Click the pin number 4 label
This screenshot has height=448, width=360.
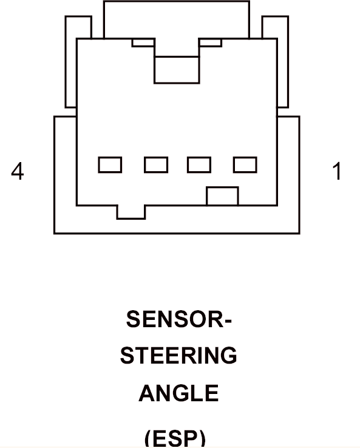coord(18,171)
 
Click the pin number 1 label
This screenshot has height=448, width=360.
coord(338,171)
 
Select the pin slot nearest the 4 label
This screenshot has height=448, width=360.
coord(110,165)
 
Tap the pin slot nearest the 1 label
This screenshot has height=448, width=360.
coord(245,165)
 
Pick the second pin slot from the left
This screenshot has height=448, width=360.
coord(156,165)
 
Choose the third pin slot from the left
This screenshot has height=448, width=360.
coord(199,165)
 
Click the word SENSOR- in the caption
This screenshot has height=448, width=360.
coord(179,319)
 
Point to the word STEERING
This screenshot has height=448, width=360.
coord(178,356)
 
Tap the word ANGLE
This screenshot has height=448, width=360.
coord(179,393)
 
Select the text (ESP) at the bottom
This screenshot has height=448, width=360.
coord(175,438)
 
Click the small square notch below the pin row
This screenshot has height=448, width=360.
coord(222,196)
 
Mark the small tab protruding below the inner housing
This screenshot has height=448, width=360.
coord(131,212)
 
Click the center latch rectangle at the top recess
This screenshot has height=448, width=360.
coord(177,70)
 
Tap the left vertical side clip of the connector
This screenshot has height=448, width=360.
coord(71,62)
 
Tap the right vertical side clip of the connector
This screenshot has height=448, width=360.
coord(282,62)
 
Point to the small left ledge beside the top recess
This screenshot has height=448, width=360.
coord(143,42)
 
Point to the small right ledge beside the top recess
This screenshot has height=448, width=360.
coord(210,42)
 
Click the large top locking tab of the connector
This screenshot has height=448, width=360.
coord(177,19)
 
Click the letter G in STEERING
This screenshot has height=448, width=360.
coord(228,356)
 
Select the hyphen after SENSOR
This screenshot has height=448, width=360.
coord(228,321)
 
